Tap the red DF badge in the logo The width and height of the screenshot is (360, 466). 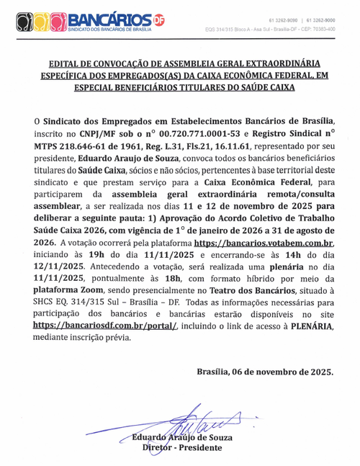tap(159, 19)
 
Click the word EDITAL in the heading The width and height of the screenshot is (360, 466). tap(67, 63)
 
